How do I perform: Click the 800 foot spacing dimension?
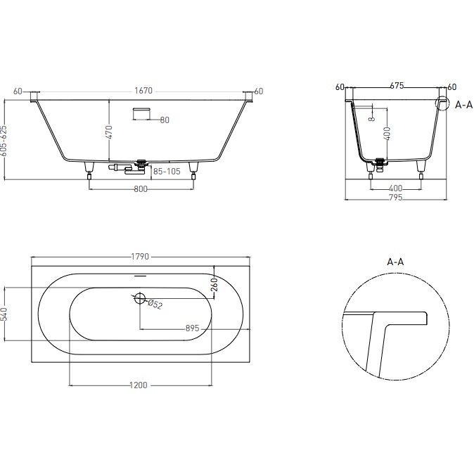point(142,190)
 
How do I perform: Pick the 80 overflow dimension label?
point(164,120)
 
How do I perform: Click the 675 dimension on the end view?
point(396,87)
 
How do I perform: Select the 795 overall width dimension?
point(396,199)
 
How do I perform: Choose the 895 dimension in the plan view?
point(195,328)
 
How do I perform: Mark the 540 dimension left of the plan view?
point(4,314)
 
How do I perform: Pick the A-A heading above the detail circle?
point(396,262)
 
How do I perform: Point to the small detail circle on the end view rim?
point(442,105)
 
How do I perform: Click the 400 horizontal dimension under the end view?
point(396,188)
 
